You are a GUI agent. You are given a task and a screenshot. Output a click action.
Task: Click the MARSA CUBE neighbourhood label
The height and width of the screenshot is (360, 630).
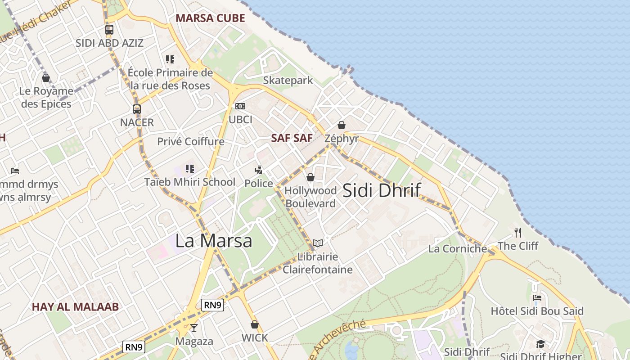click(210, 18)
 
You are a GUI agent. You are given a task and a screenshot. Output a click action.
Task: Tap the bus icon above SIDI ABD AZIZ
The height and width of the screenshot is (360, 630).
click(109, 30)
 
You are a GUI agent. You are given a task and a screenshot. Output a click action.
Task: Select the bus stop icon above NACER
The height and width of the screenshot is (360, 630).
click(137, 109)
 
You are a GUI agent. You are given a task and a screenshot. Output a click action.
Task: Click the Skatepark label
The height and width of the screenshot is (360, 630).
click(288, 81)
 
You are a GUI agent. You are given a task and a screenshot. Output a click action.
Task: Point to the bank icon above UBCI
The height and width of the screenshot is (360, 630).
click(240, 107)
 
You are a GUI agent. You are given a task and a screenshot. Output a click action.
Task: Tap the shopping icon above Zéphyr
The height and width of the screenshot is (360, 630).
click(342, 125)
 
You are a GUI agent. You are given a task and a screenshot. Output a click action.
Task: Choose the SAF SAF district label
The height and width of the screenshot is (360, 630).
click(292, 138)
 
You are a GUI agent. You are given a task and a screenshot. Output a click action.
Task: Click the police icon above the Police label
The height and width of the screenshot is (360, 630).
click(258, 170)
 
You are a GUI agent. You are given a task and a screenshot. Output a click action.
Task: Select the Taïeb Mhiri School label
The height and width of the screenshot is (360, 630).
click(189, 182)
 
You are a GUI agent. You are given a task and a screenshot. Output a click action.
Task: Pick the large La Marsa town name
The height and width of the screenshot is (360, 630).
click(214, 241)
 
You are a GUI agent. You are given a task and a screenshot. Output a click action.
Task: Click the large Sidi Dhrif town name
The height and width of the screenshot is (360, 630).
click(382, 190)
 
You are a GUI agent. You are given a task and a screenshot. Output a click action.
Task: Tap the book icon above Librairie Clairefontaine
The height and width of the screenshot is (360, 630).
click(318, 243)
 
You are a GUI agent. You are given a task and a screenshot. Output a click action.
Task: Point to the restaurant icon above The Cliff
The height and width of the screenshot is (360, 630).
click(518, 233)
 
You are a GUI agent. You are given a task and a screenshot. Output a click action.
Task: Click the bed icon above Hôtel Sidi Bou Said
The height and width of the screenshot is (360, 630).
click(537, 298)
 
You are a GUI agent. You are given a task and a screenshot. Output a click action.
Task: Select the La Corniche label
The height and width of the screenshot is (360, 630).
click(458, 248)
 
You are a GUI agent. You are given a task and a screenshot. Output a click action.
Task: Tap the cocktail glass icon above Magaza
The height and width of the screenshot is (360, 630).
click(194, 328)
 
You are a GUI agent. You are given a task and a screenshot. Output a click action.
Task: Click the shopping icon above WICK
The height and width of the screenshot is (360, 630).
click(255, 324)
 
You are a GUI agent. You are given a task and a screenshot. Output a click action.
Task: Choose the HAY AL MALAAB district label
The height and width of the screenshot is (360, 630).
click(75, 307)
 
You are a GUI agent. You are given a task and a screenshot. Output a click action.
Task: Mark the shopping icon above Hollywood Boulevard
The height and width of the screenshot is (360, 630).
click(310, 178)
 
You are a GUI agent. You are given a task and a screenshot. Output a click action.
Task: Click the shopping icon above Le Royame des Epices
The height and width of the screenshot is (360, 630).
click(46, 78)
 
